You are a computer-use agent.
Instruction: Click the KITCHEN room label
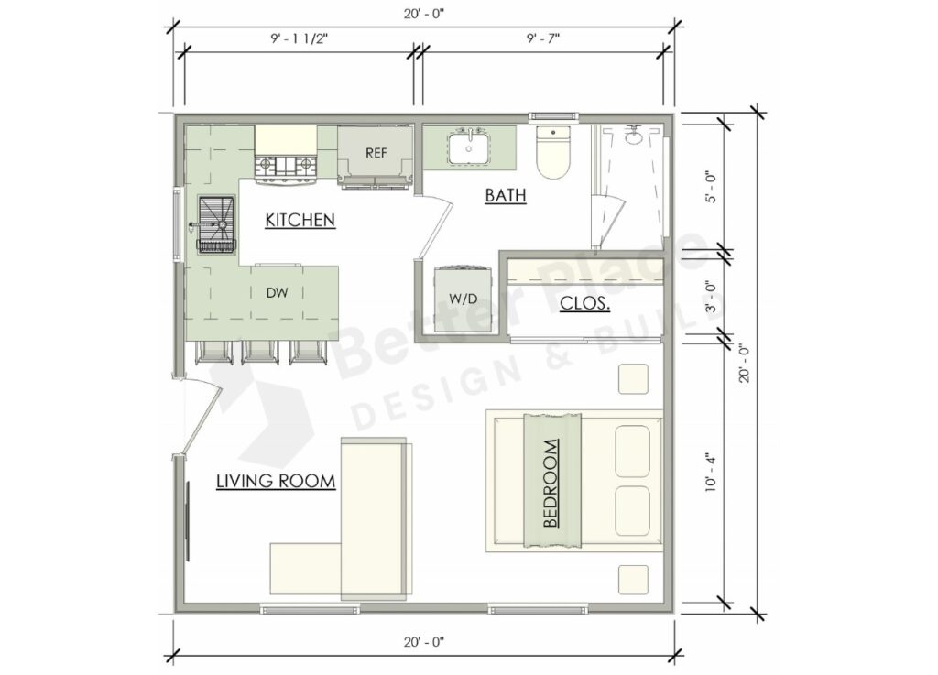coord(300,220)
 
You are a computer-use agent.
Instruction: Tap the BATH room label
coord(505,195)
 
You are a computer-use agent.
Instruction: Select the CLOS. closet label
coord(584,303)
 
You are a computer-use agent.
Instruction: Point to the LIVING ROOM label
coord(275,481)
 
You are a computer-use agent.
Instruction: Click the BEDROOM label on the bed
coord(551,483)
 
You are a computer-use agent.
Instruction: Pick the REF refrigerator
coord(376,155)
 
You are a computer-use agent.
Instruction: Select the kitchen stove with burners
coord(286,167)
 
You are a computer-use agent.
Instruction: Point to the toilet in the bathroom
coord(553,153)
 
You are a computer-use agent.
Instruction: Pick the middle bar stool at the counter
coord(260,353)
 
